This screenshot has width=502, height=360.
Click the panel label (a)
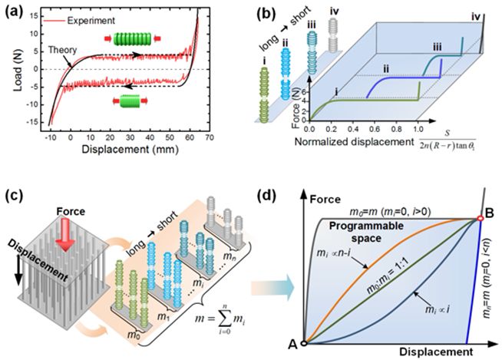tap(12, 10)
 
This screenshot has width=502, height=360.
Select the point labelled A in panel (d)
tap(305, 343)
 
